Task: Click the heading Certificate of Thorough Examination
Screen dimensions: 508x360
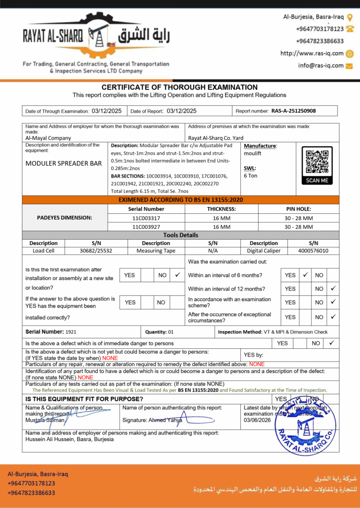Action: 180,87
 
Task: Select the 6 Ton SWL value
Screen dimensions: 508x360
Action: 250,176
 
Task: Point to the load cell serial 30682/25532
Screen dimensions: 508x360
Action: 96,251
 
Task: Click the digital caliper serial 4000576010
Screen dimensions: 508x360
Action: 313,251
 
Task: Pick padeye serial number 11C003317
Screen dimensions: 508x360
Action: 146,218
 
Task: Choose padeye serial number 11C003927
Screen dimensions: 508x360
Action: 146,227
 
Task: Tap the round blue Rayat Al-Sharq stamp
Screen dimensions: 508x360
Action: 305,428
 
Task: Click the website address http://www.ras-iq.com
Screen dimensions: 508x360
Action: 312,54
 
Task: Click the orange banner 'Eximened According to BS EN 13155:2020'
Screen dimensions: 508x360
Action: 181,199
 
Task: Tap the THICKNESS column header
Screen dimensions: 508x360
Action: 221,209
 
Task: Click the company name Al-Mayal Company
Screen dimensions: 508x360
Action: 48,138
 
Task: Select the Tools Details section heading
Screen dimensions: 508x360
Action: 181,235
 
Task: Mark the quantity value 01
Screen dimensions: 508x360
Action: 171,332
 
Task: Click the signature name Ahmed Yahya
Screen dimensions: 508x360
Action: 165,420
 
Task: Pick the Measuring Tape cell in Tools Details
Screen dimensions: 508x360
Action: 156,251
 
